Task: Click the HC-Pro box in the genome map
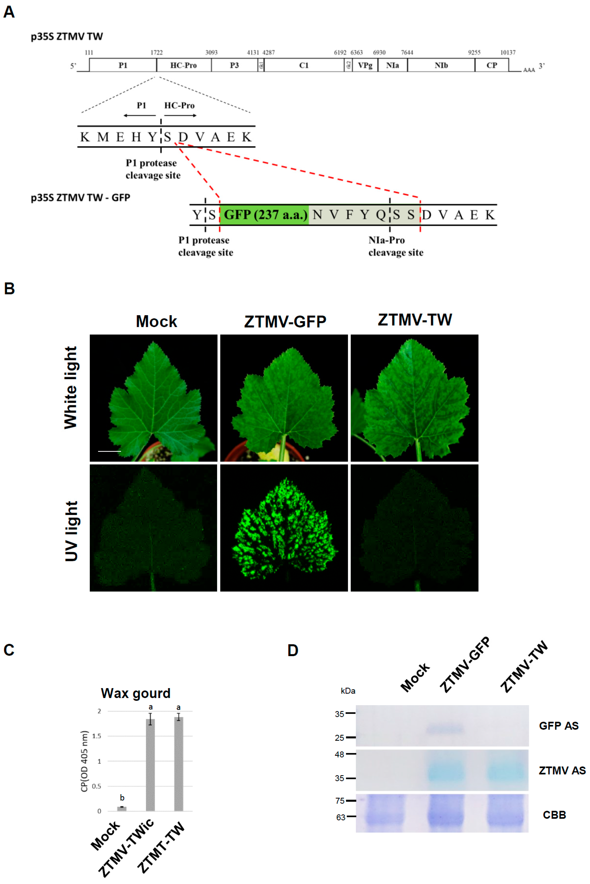184,65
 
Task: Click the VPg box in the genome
365,65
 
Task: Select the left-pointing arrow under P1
139,115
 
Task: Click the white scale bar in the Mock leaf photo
109,451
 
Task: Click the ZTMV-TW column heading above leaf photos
415,320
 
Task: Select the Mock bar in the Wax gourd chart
122,809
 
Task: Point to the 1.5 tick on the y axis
97,736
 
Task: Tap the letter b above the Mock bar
122,798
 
